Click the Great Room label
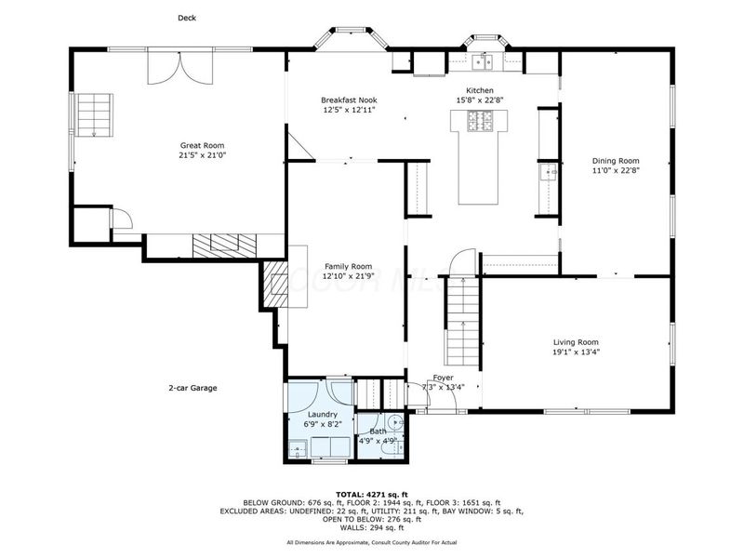(x=202, y=145)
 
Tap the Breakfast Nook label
(x=349, y=100)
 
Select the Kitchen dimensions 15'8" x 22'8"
(x=479, y=100)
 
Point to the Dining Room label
(x=616, y=160)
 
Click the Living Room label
(x=576, y=341)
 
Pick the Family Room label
(x=347, y=266)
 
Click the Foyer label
(x=443, y=378)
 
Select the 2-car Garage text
(x=193, y=389)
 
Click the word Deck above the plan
(x=187, y=18)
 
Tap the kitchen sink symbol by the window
(x=483, y=63)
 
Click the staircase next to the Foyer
(x=462, y=321)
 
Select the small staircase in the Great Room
(x=93, y=115)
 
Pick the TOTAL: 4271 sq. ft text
(x=371, y=494)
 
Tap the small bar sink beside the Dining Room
(x=550, y=171)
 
